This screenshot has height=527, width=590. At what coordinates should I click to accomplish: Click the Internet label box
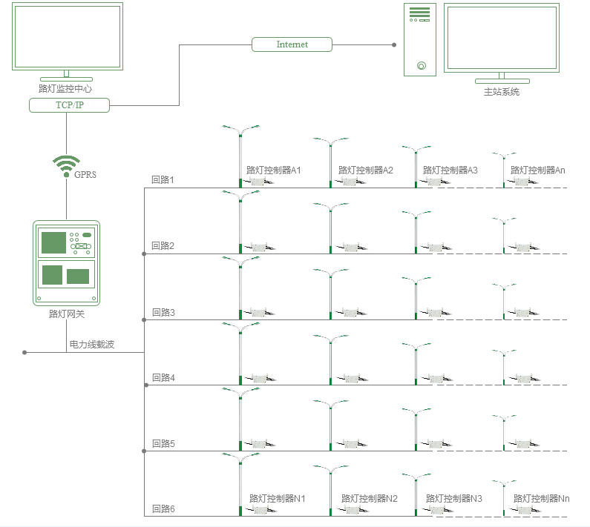[x=292, y=44]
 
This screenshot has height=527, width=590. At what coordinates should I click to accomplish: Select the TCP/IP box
[x=70, y=105]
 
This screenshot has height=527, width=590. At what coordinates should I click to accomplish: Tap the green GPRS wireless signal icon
[x=66, y=163]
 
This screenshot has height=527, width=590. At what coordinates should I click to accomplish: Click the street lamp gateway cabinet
[x=66, y=262]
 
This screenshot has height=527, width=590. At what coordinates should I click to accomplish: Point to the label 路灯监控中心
[x=65, y=88]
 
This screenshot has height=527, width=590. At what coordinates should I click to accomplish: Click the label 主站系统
[x=502, y=93]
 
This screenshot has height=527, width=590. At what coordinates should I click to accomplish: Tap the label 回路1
[x=163, y=180]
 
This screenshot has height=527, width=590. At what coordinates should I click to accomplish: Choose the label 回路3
[x=163, y=312]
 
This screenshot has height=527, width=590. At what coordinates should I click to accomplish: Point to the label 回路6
[x=163, y=509]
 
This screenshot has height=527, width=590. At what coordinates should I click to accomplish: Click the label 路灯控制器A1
[x=274, y=170]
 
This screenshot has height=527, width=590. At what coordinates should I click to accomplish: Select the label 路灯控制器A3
[x=450, y=170]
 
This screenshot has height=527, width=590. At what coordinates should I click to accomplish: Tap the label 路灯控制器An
[x=538, y=170]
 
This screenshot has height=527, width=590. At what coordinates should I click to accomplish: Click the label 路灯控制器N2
[x=370, y=498]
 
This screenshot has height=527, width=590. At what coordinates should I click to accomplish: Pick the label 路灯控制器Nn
[x=542, y=498]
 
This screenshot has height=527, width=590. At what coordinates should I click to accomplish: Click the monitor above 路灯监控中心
[x=66, y=36]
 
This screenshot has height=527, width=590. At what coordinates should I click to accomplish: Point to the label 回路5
[x=163, y=444]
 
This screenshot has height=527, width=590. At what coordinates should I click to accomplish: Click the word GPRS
[x=85, y=175]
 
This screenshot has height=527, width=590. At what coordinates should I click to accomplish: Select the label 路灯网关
[x=66, y=315]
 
